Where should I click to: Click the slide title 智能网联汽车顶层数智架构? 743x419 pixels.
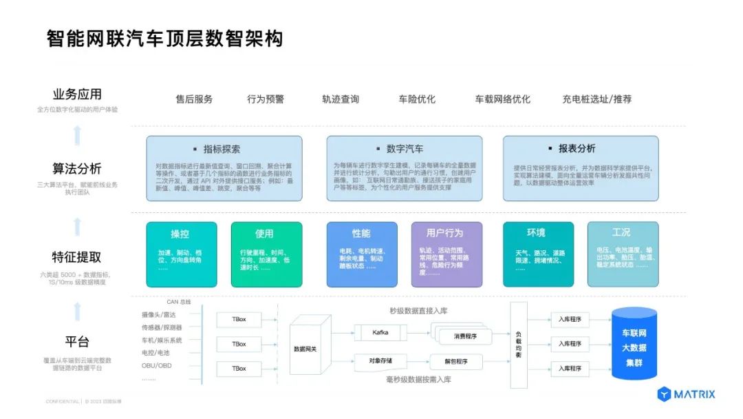[x=165, y=38]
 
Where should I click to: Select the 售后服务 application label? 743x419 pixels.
[x=194, y=99]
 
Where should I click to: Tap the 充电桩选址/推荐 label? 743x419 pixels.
[x=596, y=99]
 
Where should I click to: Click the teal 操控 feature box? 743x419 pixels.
[x=182, y=254]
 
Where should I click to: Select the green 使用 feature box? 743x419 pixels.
[x=265, y=254]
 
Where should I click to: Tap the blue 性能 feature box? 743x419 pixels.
[x=361, y=254]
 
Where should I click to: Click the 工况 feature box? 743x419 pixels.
[x=622, y=254]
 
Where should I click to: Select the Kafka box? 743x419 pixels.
[x=380, y=333]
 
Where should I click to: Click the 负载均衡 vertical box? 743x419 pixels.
[x=519, y=345]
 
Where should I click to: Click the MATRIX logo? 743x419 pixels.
[x=686, y=395]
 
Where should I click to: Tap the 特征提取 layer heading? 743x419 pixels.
[x=76, y=257]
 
